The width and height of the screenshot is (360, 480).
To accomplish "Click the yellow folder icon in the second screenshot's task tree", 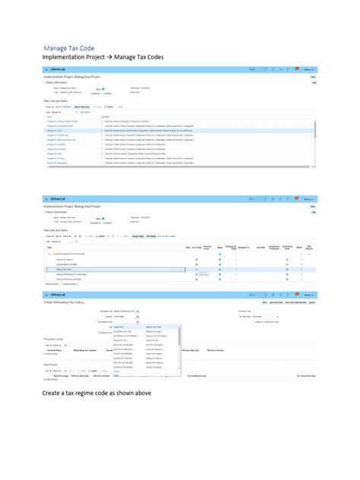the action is pyautogui.click(x=53, y=254).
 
